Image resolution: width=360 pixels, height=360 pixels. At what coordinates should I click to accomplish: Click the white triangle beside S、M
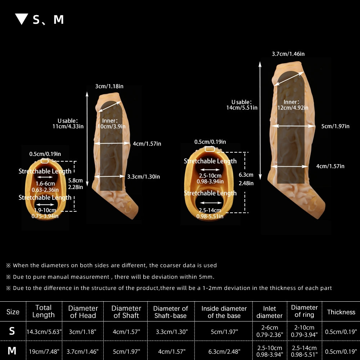(22, 19)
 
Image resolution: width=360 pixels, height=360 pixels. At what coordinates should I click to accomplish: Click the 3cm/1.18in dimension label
(109, 86)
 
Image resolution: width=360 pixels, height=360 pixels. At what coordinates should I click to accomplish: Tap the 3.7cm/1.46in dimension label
(288, 54)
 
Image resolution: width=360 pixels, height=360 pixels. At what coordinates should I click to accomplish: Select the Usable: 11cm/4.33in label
(68, 123)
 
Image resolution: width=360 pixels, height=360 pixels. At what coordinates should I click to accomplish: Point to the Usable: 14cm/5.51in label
(242, 105)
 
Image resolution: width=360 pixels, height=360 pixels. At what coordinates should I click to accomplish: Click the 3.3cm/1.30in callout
(144, 176)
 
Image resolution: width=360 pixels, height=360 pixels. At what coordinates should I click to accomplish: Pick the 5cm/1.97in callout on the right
(335, 126)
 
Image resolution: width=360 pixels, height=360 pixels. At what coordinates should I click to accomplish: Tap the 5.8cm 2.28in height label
(75, 184)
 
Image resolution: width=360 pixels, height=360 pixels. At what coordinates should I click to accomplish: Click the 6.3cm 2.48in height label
(246, 179)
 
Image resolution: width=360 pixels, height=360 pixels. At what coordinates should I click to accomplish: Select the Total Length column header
(44, 311)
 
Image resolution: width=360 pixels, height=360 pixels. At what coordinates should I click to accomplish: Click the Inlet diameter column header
(269, 312)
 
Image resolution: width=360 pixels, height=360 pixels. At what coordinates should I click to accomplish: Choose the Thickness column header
(341, 312)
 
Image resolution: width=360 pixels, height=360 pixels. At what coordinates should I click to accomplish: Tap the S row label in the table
(12, 331)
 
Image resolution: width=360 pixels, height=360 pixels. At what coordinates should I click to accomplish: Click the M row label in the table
(12, 351)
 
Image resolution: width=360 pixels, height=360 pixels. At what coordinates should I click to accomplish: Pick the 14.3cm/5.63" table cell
(44, 332)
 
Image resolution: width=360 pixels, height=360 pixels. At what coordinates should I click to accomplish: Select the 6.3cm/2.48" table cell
(224, 351)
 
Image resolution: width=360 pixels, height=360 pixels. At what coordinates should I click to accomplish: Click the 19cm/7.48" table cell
(44, 351)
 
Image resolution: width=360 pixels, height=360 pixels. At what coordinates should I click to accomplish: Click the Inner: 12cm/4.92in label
(293, 105)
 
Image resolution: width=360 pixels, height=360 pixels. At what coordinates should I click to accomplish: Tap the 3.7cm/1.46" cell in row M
(83, 351)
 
